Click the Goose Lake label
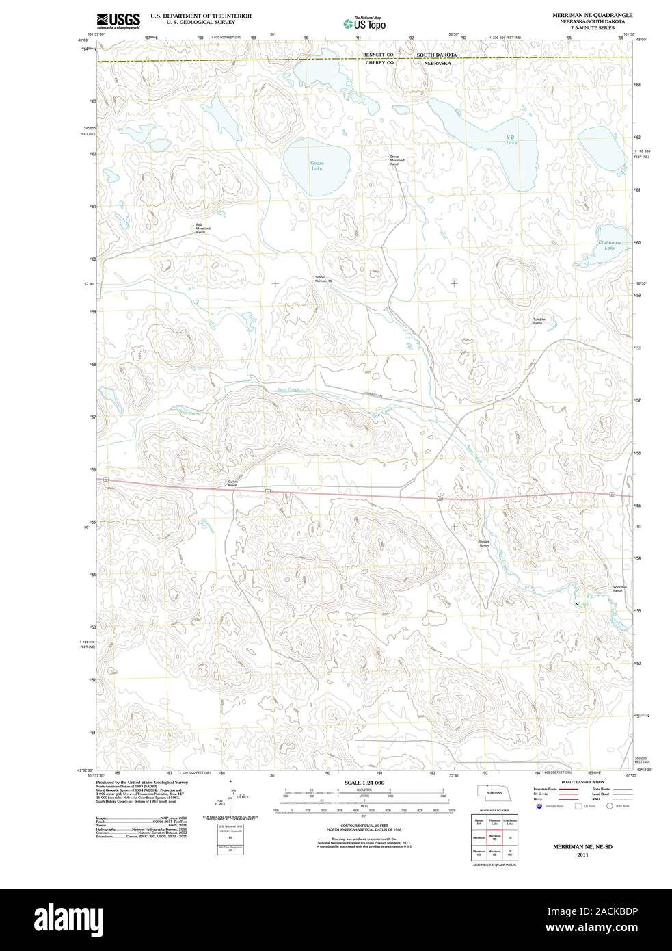click(317, 166)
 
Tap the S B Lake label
click(511, 140)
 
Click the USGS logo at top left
click(118, 21)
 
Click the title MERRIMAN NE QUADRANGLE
click(593, 14)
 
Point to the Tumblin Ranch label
click(538, 321)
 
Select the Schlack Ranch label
click(484, 543)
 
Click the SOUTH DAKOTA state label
click(437, 53)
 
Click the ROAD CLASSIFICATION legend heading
click(582, 782)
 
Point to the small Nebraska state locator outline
click(493, 792)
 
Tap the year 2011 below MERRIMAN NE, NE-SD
click(582, 855)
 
